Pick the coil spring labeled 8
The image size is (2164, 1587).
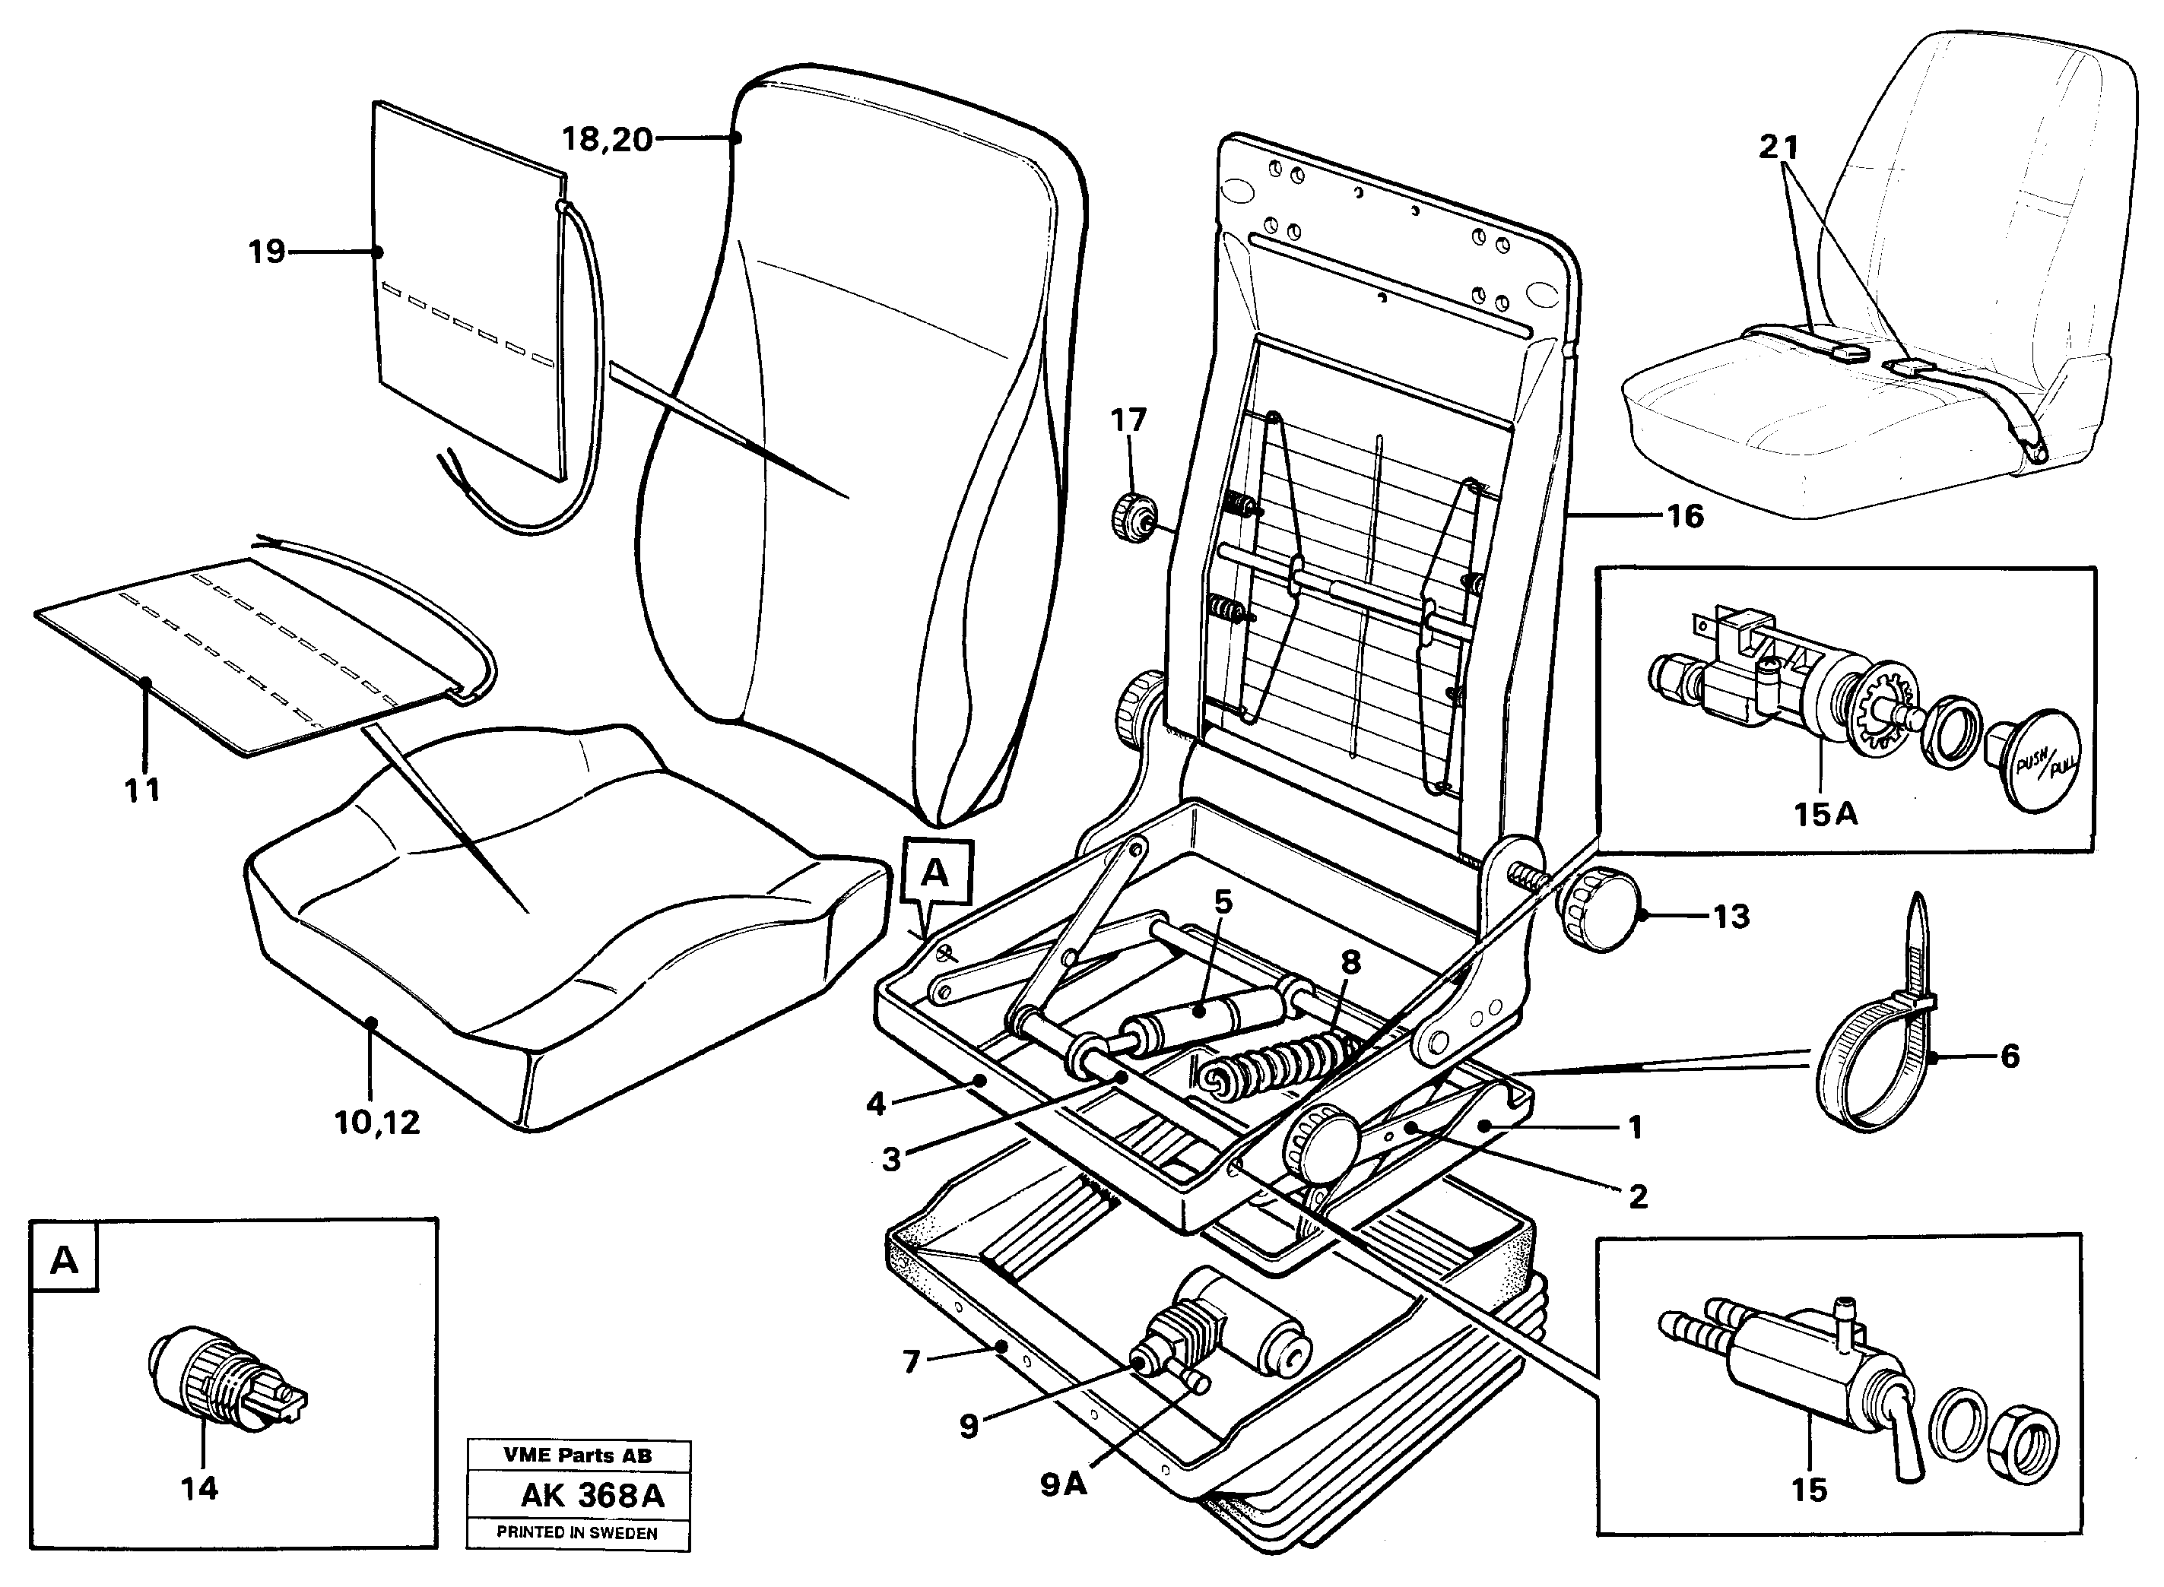[x=1278, y=1063]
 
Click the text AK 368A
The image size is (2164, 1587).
[x=592, y=1496]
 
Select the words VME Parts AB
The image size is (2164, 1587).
[x=578, y=1456]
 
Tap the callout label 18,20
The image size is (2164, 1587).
[x=606, y=141]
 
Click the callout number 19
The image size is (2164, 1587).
[x=267, y=252]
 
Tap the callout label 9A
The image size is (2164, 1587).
[x=1064, y=1484]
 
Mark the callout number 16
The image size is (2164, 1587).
[x=1683, y=516]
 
